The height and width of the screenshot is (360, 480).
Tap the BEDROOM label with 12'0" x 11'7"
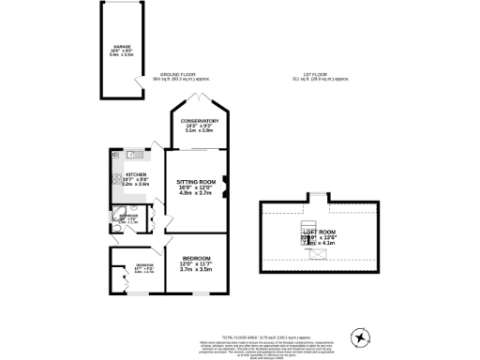coord(196,259)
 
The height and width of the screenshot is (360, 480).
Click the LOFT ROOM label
coord(320,231)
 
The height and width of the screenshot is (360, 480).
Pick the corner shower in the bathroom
coord(116,224)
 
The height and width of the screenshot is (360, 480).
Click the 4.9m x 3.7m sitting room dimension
coord(198,194)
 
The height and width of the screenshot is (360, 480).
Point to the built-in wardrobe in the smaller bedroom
coord(117,277)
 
